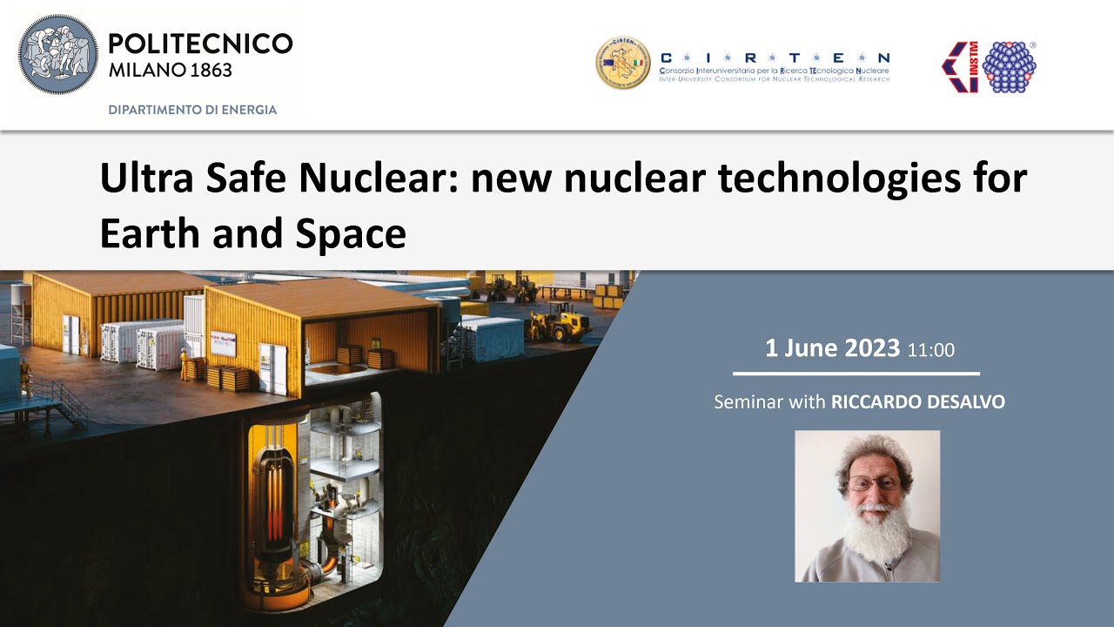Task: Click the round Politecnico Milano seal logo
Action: coord(58,54)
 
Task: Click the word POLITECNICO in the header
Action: coord(201,44)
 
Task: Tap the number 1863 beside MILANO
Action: coord(208,71)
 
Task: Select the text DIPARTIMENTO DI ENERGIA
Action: coord(192,110)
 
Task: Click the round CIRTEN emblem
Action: coord(622,63)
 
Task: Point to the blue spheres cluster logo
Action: coord(1009,67)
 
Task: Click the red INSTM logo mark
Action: coord(960,67)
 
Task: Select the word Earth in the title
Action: coord(144,233)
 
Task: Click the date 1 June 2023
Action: coord(832,348)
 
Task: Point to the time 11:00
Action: coord(930,350)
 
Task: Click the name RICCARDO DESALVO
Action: coord(917,402)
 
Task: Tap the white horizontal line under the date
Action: coord(856,374)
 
